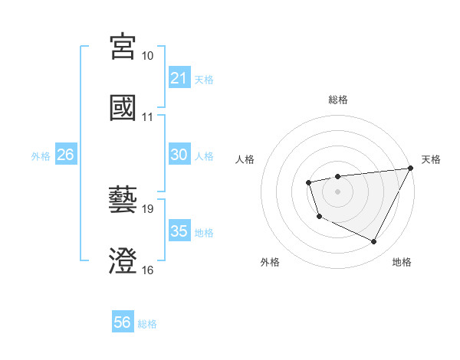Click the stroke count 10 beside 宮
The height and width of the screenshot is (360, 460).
point(148,56)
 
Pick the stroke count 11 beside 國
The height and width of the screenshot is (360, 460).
point(148,117)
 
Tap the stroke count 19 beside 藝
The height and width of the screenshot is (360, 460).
point(148,209)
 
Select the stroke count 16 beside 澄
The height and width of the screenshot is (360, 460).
point(148,270)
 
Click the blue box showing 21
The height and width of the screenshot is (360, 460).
point(179,78)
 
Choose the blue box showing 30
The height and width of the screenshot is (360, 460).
point(179,155)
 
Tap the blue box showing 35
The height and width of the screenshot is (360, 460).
point(179,231)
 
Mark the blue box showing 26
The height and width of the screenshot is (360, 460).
point(65,155)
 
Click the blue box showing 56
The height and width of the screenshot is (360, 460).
point(122,323)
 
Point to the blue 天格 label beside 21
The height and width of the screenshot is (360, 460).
point(204,79)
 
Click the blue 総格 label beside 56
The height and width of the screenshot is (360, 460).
point(147,324)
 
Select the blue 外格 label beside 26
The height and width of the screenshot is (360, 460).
point(41,155)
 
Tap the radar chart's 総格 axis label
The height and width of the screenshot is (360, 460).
point(338,100)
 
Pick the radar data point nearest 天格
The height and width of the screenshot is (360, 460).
point(411,169)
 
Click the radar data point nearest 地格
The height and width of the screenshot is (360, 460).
point(374,242)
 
